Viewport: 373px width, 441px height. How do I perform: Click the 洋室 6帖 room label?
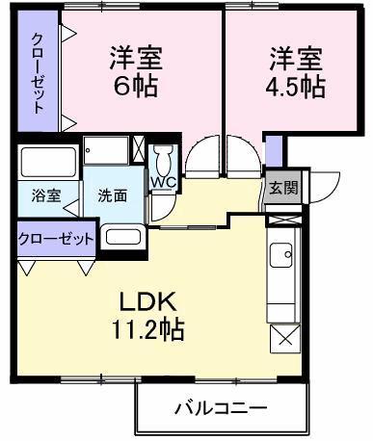pyautogui.click(x=134, y=72)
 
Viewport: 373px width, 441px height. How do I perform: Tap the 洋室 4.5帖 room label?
pyautogui.click(x=296, y=72)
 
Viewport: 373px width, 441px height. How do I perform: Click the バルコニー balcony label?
pyautogui.click(x=221, y=408)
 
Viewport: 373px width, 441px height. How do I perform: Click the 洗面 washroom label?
pyautogui.click(x=112, y=195)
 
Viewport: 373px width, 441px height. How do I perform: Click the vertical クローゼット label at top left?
pyautogui.click(x=38, y=74)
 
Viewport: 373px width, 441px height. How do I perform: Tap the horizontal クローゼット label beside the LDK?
pyautogui.click(x=56, y=238)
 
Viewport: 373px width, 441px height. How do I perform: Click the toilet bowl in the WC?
pyautogui.click(x=163, y=156)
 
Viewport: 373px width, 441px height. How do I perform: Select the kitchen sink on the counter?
pyautogui.click(x=284, y=257)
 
